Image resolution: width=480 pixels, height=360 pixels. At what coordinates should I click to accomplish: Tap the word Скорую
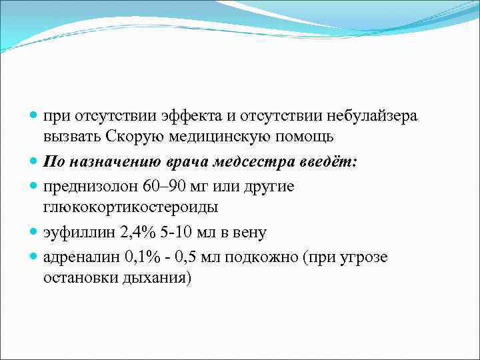point(130,137)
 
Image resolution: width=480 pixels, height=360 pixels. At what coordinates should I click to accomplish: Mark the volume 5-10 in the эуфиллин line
point(175,233)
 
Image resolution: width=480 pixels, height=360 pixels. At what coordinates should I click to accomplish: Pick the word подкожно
point(263,257)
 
